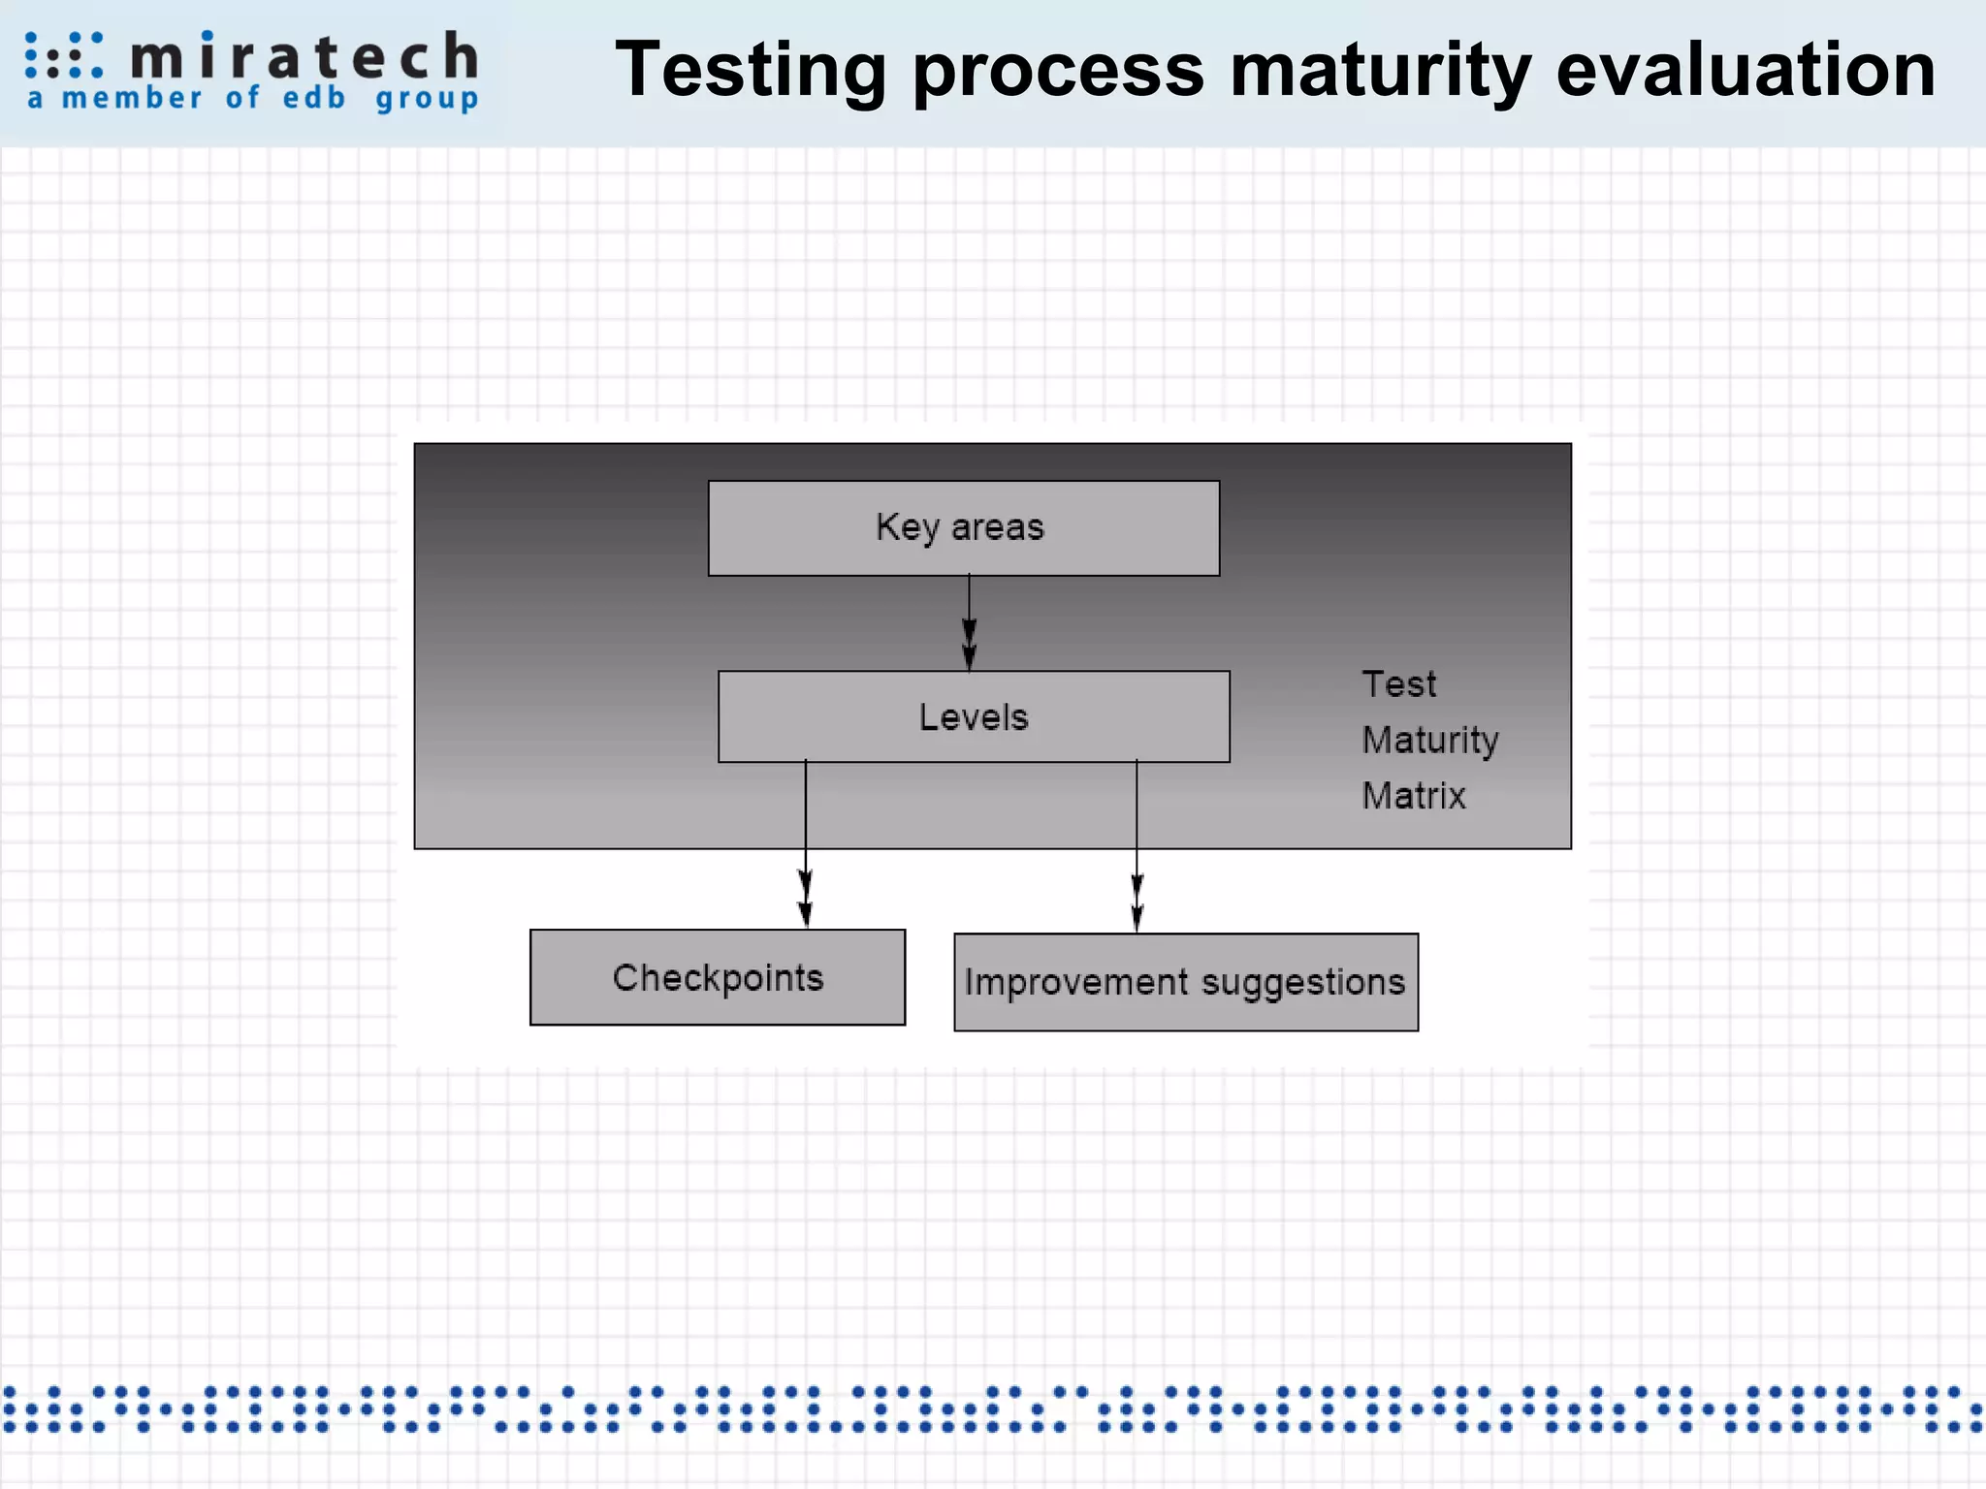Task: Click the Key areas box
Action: pyautogui.click(x=963, y=528)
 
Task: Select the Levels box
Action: pyautogui.click(x=974, y=717)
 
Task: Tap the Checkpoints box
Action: pyautogui.click(x=718, y=977)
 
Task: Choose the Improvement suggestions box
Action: pyautogui.click(x=1185, y=982)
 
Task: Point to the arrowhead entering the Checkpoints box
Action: pyautogui.click(x=805, y=911)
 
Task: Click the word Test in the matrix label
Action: pyautogui.click(x=1398, y=684)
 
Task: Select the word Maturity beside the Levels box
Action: pyautogui.click(x=1429, y=741)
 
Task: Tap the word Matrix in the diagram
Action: pyautogui.click(x=1413, y=796)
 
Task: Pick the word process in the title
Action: pyautogui.click(x=1058, y=72)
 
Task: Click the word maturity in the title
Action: pyautogui.click(x=1380, y=72)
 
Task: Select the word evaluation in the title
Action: pyautogui.click(x=1746, y=70)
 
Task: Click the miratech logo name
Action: pyautogui.click(x=304, y=56)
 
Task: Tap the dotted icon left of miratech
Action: pyautogui.click(x=63, y=55)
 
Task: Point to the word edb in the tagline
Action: pyautogui.click(x=313, y=98)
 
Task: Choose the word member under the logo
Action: pyautogui.click(x=132, y=98)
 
